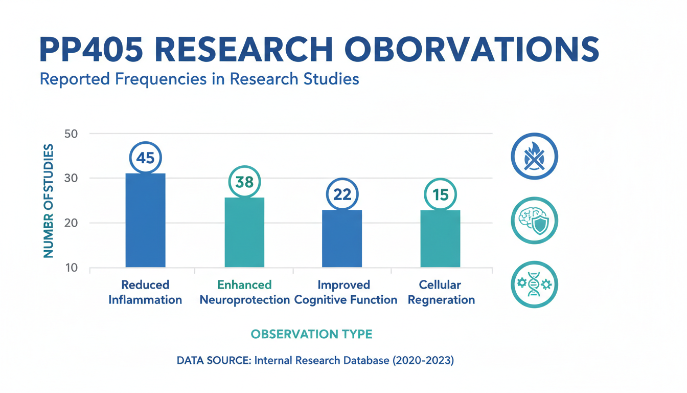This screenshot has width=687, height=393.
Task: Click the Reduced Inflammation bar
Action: coord(145,220)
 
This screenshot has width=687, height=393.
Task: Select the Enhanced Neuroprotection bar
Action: coord(244,232)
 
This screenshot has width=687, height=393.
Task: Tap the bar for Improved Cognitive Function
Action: coord(342,238)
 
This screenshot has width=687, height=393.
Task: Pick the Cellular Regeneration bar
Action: coord(440,238)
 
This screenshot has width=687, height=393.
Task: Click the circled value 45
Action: coord(145,158)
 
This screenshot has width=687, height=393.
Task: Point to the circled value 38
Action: coord(244,182)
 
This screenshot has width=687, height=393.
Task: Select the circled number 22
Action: coord(342,194)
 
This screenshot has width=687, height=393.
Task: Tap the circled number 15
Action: coord(440,194)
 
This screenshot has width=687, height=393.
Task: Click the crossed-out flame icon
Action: coord(534,157)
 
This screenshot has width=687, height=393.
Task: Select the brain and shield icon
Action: coord(534,221)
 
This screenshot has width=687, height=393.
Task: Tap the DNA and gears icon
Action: coord(534,285)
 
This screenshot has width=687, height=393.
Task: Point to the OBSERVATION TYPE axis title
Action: coord(311,334)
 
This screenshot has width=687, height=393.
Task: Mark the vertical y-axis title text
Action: coord(48,201)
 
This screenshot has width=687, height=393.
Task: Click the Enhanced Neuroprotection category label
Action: coord(244,292)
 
